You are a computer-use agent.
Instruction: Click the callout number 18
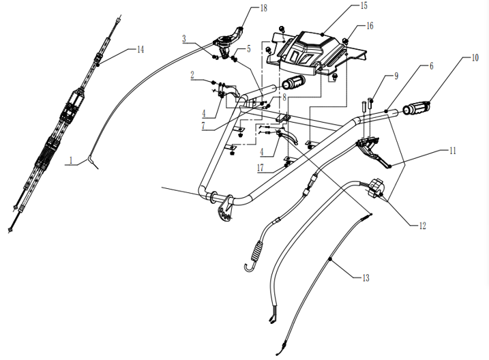[263, 7]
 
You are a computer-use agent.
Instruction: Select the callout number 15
[364, 5]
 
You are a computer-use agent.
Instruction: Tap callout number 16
[370, 25]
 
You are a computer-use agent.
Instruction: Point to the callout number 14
[140, 49]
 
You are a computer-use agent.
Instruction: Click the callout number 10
[475, 58]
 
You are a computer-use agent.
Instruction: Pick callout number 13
[366, 277]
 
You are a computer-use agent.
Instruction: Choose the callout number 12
[422, 226]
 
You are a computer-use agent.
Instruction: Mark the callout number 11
[452, 151]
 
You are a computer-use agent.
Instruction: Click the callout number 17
[261, 168]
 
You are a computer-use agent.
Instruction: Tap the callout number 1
[71, 160]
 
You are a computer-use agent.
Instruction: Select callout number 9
[396, 76]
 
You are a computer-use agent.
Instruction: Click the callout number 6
[431, 65]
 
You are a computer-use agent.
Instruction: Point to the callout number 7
[203, 125]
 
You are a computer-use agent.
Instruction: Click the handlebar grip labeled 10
[417, 108]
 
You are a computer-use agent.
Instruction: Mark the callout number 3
[184, 39]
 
